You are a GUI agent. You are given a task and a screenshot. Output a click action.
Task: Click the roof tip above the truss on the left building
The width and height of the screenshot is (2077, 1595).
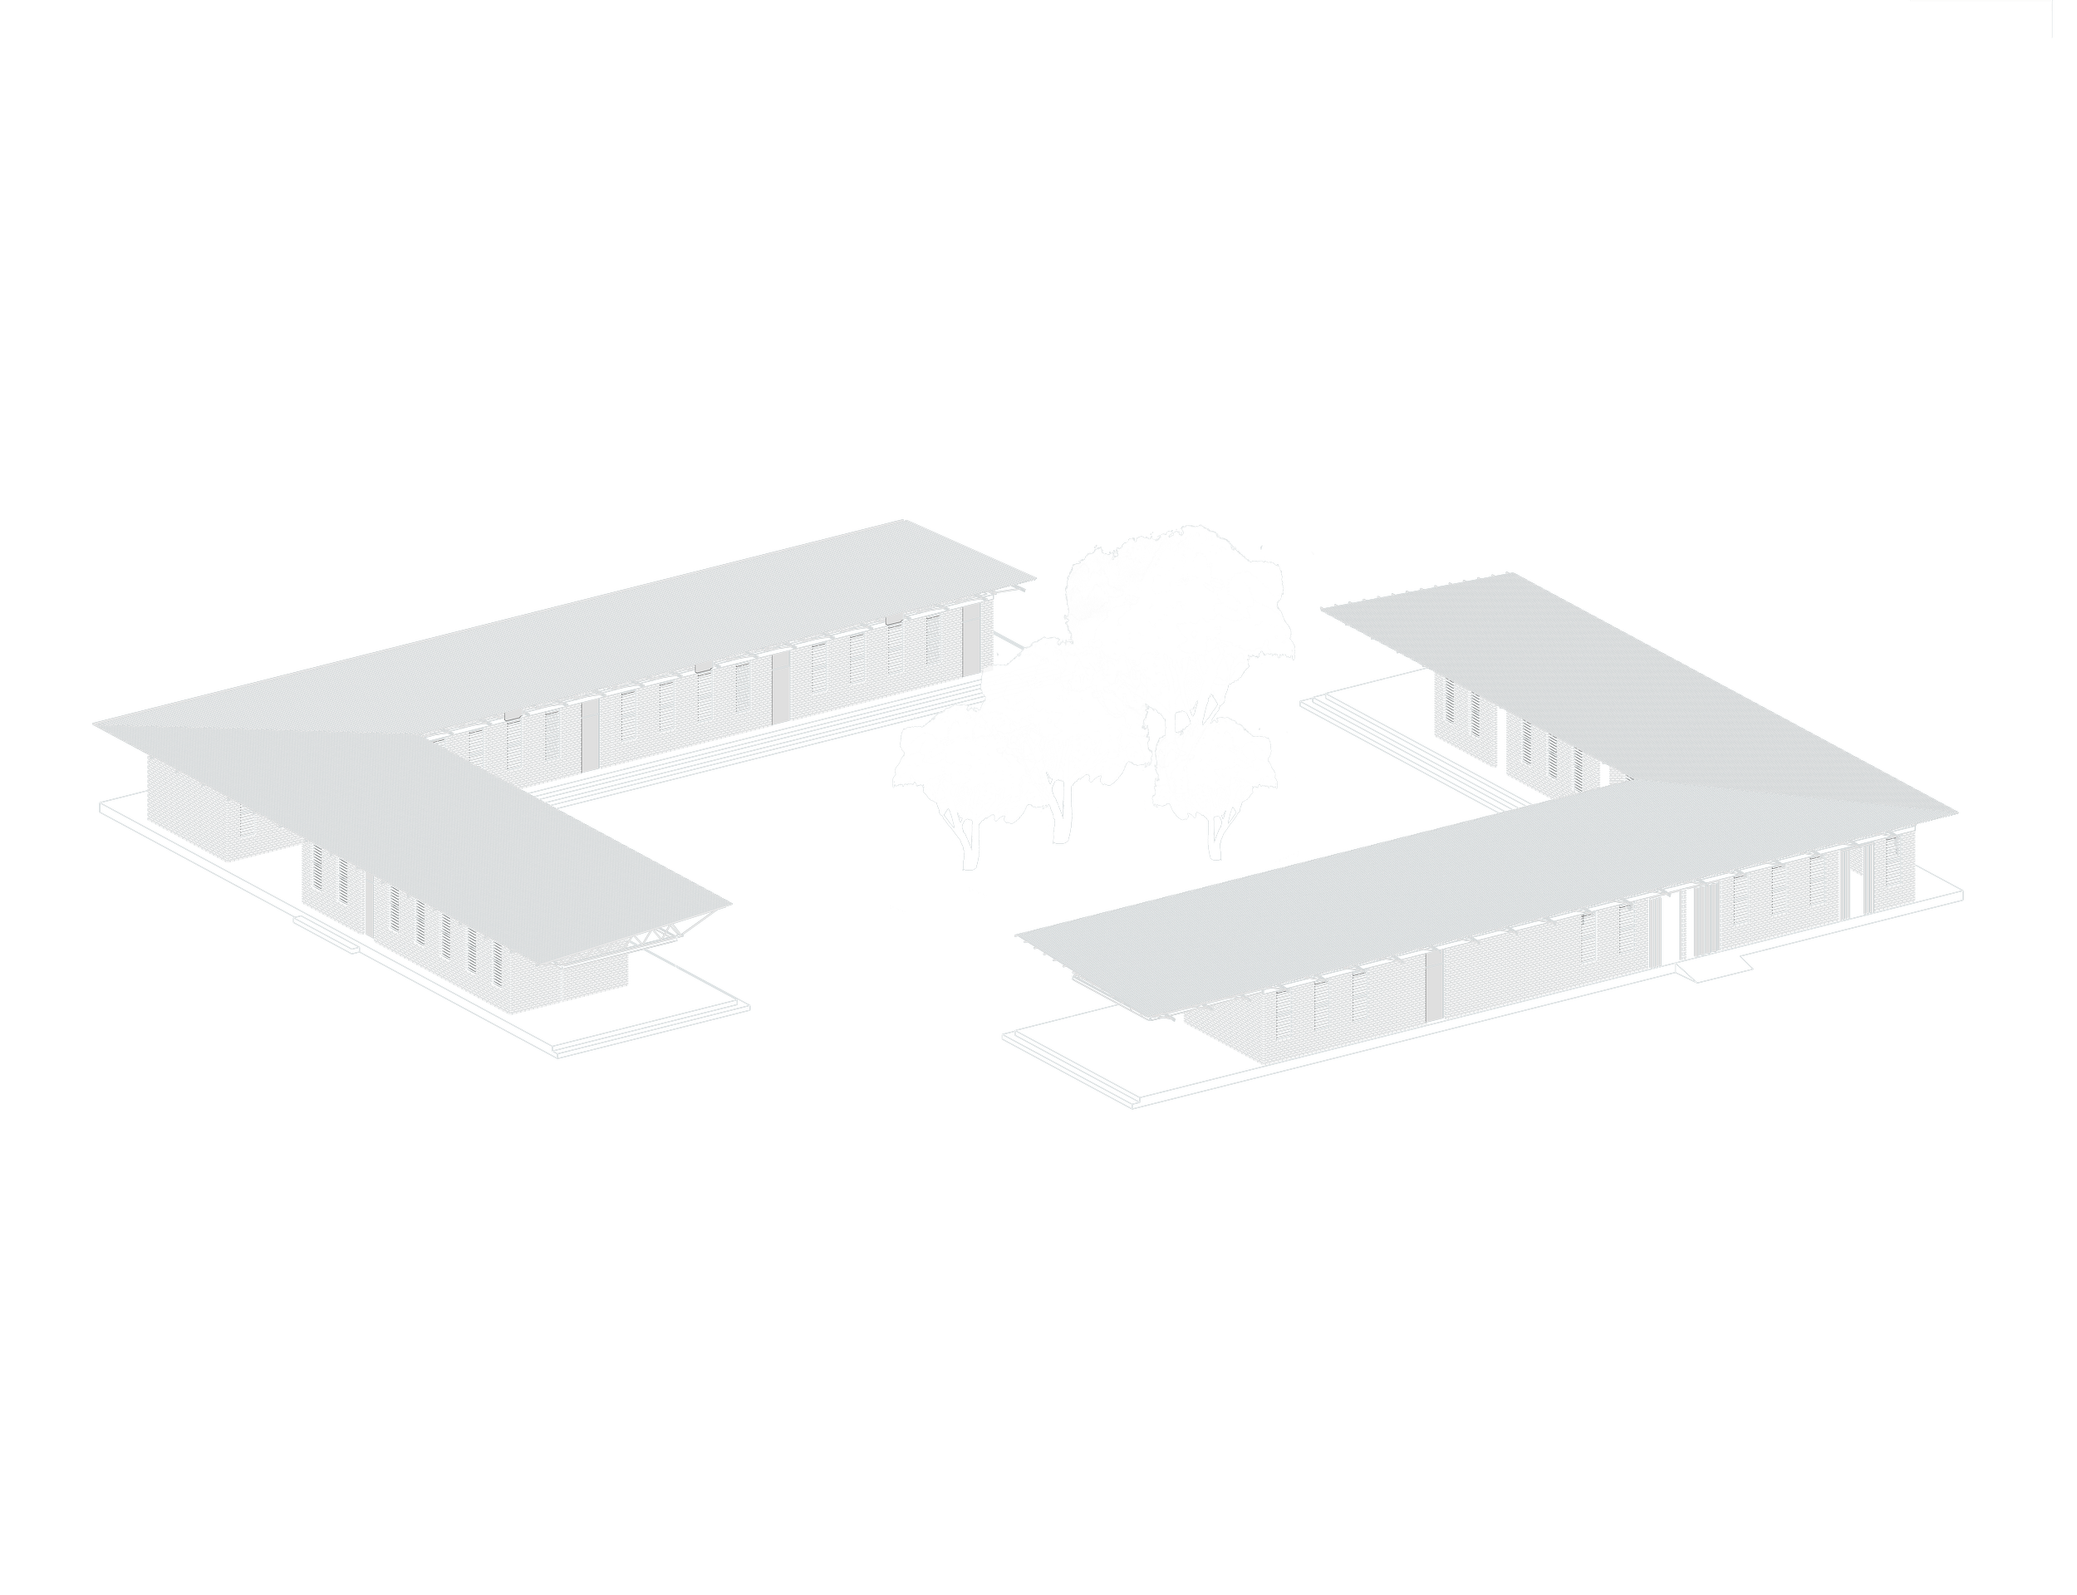click(x=729, y=905)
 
